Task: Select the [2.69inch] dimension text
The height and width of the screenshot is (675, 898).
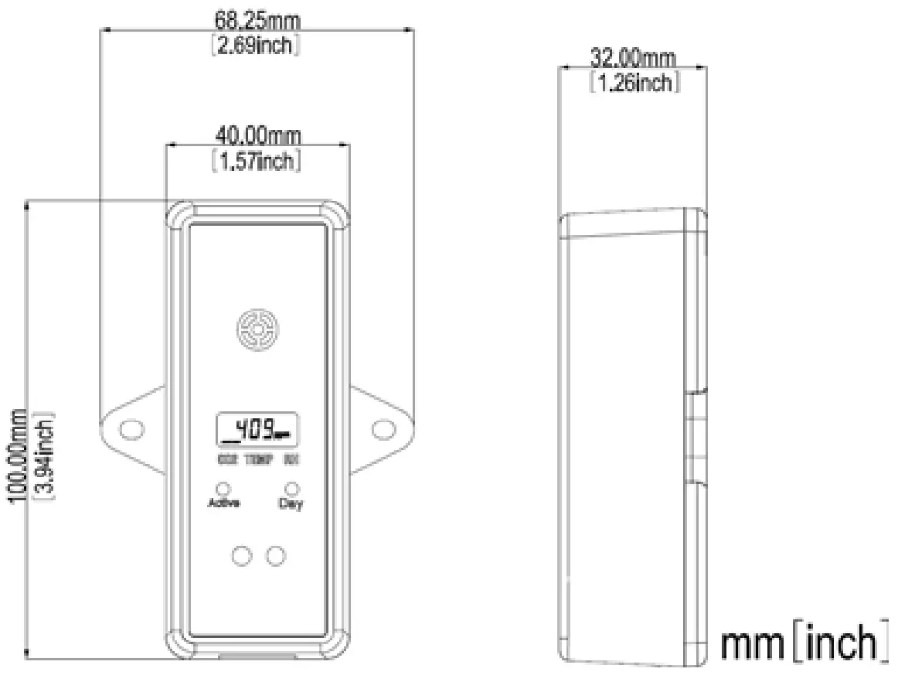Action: (x=256, y=46)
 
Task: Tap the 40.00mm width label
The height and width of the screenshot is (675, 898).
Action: (x=257, y=136)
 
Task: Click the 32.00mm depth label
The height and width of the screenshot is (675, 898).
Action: (x=633, y=58)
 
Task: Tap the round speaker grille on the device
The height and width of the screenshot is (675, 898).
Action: (x=257, y=330)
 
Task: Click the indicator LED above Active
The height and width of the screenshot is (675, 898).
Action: (x=223, y=489)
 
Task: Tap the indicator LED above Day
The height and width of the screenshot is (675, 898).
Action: (x=291, y=489)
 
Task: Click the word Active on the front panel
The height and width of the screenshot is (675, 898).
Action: (x=224, y=503)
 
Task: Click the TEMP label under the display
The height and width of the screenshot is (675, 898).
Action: (x=258, y=460)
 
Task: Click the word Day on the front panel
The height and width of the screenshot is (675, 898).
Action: (x=291, y=503)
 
